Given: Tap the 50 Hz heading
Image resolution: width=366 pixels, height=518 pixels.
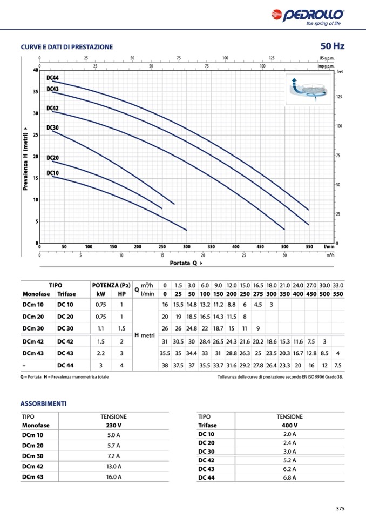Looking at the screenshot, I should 332,46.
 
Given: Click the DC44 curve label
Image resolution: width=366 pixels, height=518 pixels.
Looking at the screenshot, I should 52,78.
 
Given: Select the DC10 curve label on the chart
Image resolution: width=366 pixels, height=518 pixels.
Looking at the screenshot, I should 52,173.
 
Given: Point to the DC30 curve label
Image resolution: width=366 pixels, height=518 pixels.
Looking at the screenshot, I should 52,127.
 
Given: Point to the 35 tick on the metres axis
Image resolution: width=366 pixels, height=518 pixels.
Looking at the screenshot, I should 36,92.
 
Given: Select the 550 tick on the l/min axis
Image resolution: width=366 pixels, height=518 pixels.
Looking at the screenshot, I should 309,247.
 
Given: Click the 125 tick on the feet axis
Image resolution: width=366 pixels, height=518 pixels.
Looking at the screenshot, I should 340,97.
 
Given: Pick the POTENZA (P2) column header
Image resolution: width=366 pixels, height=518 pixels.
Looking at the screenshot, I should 112,285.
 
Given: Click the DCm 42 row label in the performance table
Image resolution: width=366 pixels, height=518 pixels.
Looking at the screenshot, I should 33,341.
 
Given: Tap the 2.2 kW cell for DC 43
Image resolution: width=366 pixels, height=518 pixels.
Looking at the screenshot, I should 101,353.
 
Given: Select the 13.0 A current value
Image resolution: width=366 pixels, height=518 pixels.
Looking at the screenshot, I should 113,466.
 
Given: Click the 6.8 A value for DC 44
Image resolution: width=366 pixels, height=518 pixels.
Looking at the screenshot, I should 290,478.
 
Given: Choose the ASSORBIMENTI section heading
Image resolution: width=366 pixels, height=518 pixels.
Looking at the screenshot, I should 43,403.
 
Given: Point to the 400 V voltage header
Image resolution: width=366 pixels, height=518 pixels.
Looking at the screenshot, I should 290,425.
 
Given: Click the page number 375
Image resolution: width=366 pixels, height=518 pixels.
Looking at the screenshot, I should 340,508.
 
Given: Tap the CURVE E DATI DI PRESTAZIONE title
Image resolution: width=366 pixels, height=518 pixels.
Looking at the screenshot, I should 66,47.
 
